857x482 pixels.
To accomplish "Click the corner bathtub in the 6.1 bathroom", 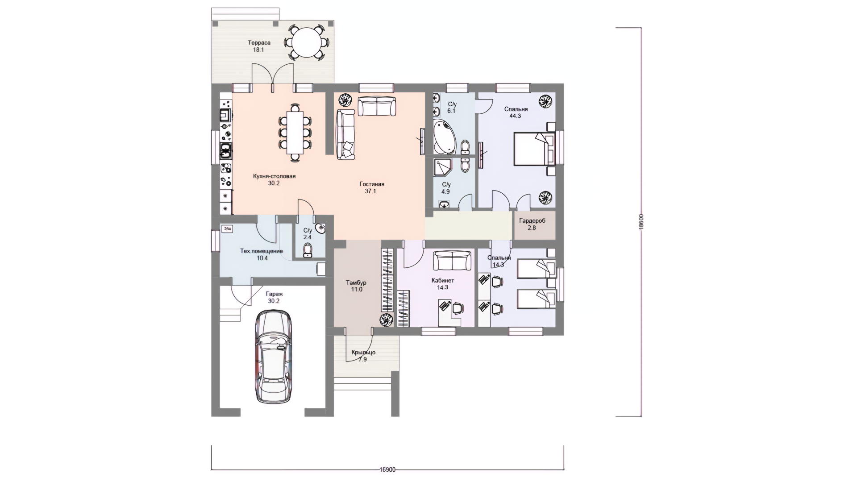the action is [x=445, y=137].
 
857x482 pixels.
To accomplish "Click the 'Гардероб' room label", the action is [x=532, y=221].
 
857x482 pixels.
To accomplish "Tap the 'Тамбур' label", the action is [x=356, y=283].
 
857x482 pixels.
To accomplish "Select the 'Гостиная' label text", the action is [x=372, y=184].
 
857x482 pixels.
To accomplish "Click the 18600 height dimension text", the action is [x=641, y=222].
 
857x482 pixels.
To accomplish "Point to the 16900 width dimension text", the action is [x=387, y=470].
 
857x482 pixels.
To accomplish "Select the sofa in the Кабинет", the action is [x=452, y=261].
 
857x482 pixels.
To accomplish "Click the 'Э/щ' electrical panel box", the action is [x=227, y=229].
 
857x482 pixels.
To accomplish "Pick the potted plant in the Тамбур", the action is [x=386, y=320].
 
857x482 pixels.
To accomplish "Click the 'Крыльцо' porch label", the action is [x=363, y=352].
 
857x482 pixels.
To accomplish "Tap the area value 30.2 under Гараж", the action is [x=274, y=301].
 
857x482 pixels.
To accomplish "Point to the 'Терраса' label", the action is [x=259, y=43].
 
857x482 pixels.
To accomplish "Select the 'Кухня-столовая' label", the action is [x=274, y=176].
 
